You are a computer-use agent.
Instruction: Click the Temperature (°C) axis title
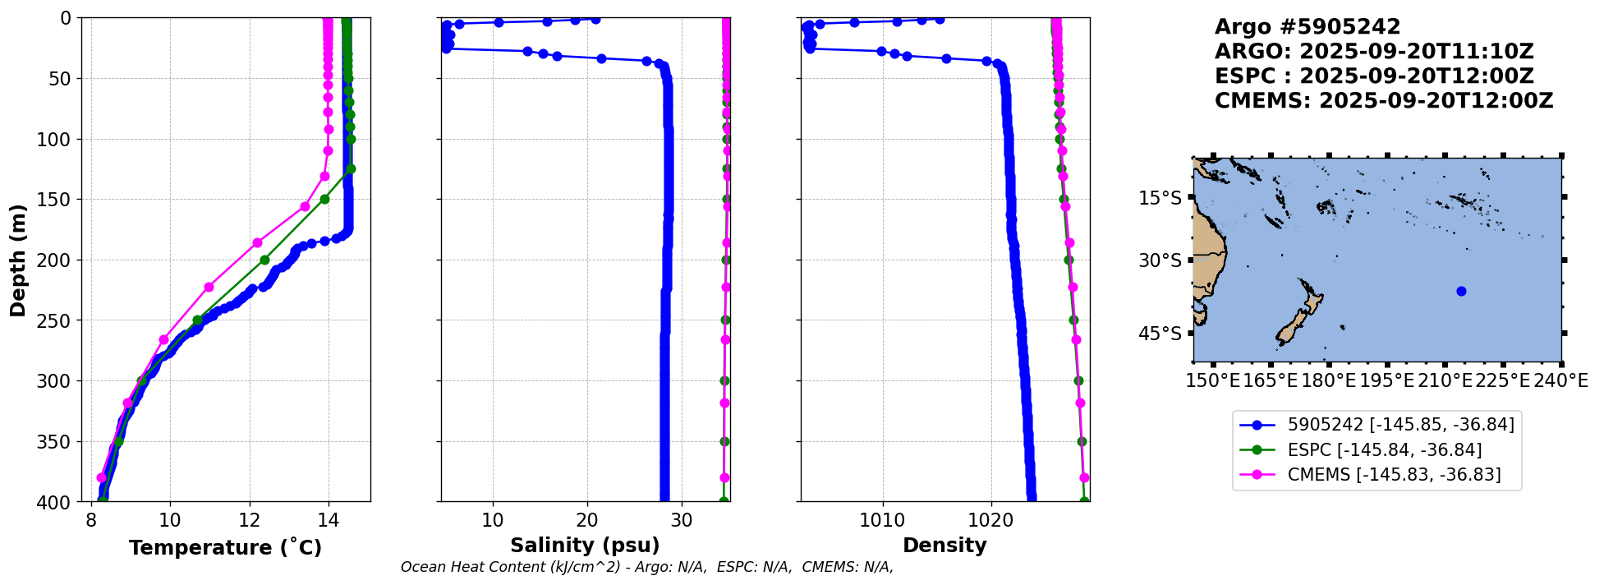click(225, 548)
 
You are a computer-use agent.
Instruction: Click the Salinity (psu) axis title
click(585, 546)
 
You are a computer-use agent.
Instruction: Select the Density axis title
click(944, 546)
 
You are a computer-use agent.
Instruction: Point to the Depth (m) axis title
click(18, 260)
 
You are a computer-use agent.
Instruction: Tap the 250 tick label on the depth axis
click(57, 320)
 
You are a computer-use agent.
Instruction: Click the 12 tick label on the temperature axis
click(250, 520)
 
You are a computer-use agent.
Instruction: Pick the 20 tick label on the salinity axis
click(587, 520)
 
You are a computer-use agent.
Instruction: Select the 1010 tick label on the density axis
click(883, 520)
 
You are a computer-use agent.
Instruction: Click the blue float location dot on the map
click(1461, 291)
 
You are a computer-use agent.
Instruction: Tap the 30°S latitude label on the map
click(1160, 260)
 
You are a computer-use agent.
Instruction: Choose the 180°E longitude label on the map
click(1328, 381)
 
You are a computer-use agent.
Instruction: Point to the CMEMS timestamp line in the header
click(1384, 101)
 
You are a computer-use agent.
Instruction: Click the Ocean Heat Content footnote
click(646, 567)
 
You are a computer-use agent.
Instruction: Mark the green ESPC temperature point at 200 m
click(264, 260)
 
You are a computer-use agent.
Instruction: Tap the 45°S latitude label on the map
click(1160, 334)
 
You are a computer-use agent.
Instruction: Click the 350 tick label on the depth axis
click(57, 441)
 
